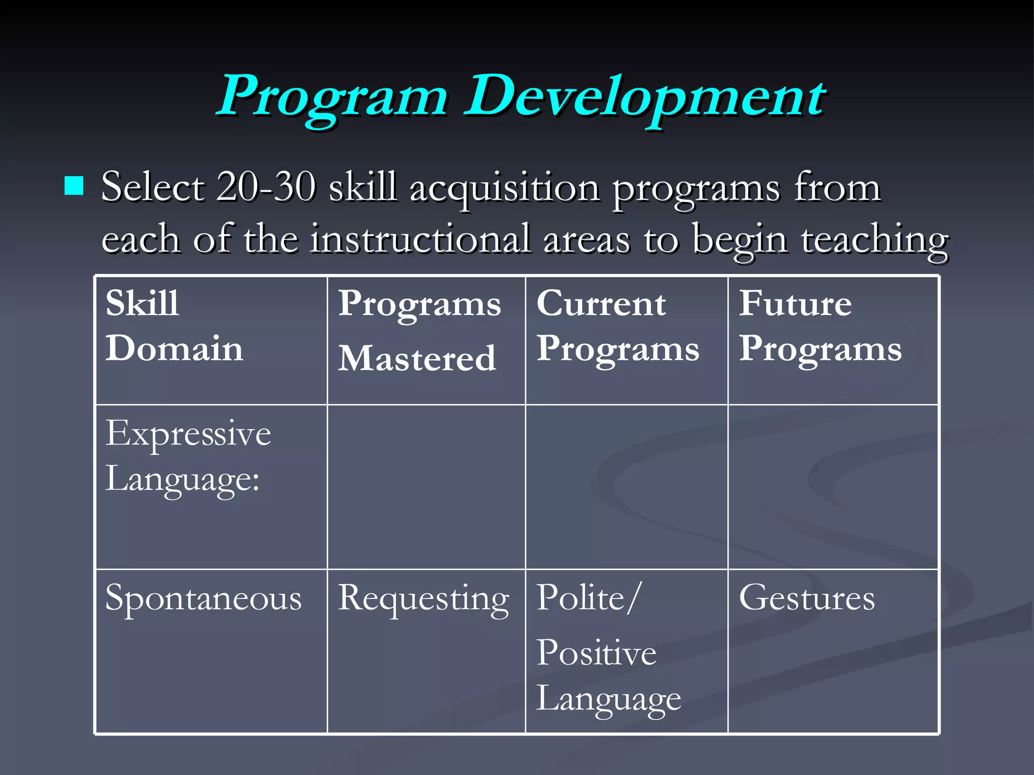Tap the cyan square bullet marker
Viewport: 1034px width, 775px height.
74,186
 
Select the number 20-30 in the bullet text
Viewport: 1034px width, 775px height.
266,187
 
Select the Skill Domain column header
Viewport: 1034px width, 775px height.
174,326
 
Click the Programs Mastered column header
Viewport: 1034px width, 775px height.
419,330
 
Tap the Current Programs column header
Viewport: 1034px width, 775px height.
617,326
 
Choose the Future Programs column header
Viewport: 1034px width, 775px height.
820,326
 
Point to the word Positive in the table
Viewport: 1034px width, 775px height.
596,653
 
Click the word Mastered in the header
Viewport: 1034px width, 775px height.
417,359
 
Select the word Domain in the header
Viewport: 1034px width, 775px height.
174,349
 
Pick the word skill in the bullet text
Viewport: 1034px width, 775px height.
363,187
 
